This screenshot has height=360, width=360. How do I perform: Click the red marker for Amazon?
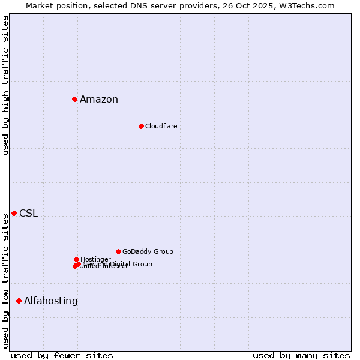pos(74,99)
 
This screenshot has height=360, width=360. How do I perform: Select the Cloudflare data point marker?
pos(141,126)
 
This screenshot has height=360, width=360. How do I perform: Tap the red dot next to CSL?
pos(14,213)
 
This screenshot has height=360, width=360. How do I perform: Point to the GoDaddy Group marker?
pos(118,251)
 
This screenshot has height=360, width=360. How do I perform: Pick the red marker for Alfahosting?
pos(19,301)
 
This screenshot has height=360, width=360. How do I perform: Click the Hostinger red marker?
pos(76,259)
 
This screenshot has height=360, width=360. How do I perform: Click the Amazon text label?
pos(99,100)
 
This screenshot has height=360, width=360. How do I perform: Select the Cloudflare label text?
pos(161,126)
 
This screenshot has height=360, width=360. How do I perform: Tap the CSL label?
pos(28,214)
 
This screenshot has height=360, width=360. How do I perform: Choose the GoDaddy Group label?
pos(148,251)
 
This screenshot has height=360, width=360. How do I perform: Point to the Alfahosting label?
pos(51,301)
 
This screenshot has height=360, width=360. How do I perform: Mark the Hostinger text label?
pos(95,259)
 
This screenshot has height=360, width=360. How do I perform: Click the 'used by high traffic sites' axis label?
pos(5,85)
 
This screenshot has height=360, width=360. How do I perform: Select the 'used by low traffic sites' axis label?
pos(5,281)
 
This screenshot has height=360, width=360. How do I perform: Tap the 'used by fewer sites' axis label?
pos(62,355)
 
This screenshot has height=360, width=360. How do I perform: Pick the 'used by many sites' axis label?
pos(301,355)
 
